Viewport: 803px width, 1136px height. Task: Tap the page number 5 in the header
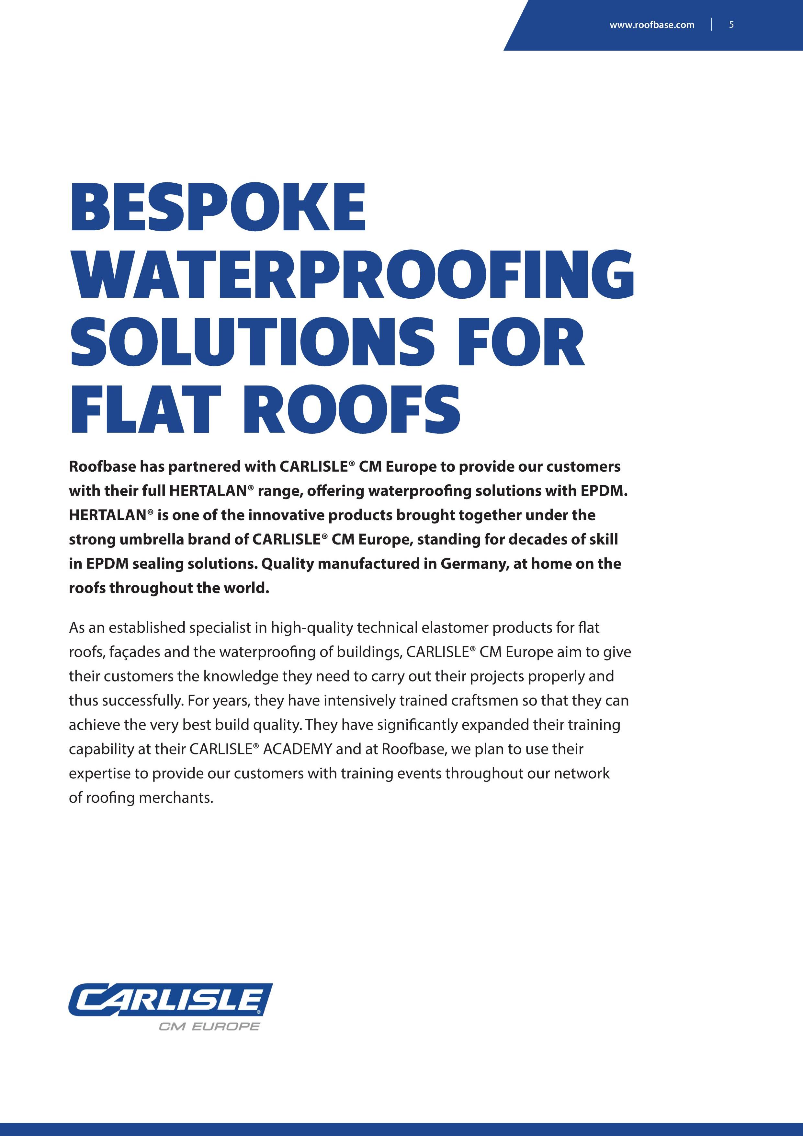click(731, 25)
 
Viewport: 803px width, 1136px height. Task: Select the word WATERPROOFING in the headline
click(352, 276)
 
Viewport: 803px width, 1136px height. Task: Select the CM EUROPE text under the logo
click(209, 1027)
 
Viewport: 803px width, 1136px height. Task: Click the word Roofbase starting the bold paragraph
click(102, 466)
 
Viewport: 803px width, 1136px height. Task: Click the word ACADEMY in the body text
click(297, 749)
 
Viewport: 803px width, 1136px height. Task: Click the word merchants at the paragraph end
click(176, 797)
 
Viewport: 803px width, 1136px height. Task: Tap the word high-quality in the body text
click(311, 628)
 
